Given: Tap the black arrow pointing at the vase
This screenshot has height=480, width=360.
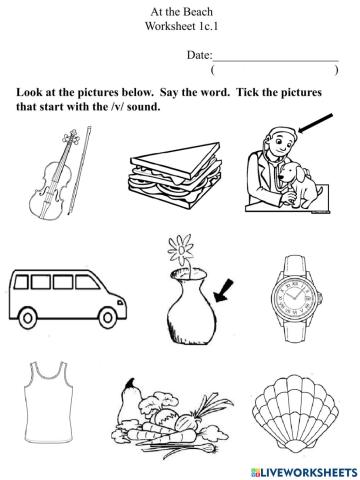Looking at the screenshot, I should [x=225, y=291].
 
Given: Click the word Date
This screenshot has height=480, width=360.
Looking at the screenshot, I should [x=199, y=60].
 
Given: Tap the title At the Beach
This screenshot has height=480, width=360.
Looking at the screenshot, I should [x=179, y=10].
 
